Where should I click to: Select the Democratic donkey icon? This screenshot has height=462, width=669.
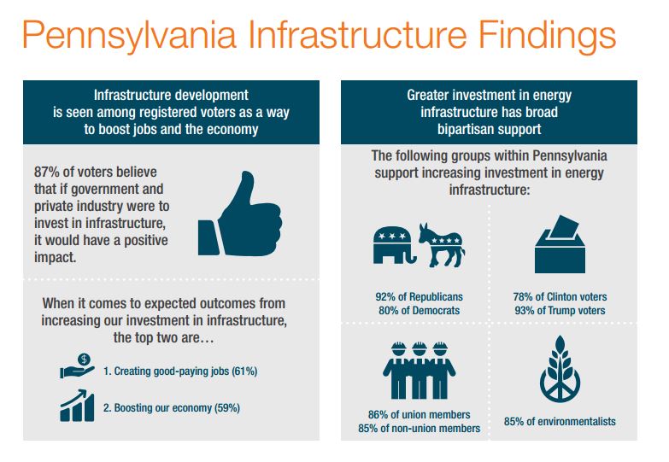tap(442, 245)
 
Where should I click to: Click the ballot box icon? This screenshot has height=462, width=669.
tap(560, 244)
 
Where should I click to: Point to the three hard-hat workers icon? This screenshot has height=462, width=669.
tap(419, 370)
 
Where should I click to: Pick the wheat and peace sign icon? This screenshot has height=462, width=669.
tap(560, 369)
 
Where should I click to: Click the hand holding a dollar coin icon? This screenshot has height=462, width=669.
tap(77, 366)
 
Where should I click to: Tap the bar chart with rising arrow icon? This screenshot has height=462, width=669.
tap(77, 406)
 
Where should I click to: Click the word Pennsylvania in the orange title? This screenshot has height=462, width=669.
tap(129, 35)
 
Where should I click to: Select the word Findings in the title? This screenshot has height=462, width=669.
tap(548, 35)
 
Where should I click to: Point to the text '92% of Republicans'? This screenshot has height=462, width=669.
tap(419, 296)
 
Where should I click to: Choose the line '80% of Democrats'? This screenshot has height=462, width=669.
tap(419, 310)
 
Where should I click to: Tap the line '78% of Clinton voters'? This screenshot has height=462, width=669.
tap(560, 296)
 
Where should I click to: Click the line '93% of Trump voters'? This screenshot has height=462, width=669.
tap(560, 310)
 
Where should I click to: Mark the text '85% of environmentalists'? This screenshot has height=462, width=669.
tap(560, 422)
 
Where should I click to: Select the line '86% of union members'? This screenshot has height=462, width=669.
tap(419, 414)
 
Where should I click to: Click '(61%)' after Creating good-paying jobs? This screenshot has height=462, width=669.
tap(244, 371)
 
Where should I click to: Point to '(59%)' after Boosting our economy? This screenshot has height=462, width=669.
tap(227, 408)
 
